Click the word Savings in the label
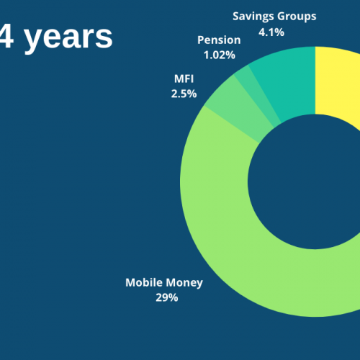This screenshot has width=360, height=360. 253,17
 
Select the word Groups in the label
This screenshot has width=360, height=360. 297,17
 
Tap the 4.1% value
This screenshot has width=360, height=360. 271,32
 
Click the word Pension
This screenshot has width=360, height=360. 219,40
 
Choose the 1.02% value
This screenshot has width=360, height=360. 220,55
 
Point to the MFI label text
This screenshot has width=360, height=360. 184,78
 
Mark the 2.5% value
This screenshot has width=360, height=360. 184,94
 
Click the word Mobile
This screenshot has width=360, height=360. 144,282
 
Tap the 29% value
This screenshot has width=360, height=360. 167,297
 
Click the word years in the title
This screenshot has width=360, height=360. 68,38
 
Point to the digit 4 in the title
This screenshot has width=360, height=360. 6,35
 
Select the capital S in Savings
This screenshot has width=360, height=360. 236,16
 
